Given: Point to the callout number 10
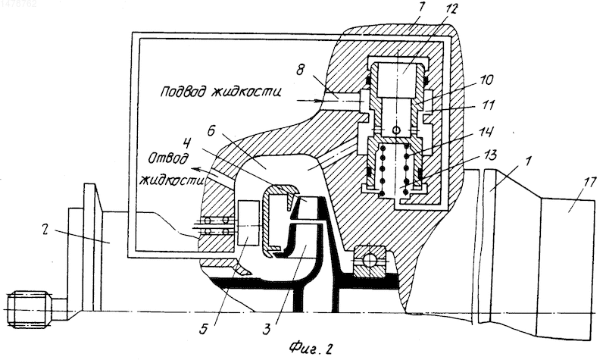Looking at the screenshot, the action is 486,80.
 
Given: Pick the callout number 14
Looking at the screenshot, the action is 486,133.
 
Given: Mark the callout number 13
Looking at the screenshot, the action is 488,155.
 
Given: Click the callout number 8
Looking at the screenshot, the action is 300,70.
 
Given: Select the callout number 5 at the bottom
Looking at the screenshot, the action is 204,330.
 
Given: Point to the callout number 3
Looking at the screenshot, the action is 267,330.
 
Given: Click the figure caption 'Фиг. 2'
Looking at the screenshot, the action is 311,349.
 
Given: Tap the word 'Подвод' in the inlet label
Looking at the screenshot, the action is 184,91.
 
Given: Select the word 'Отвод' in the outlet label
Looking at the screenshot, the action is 169,159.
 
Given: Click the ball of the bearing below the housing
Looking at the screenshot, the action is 369,261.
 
